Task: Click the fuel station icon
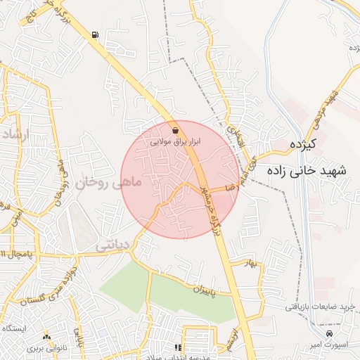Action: click(x=95, y=34)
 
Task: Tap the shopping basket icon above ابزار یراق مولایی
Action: click(x=175, y=130)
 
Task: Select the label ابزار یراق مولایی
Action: click(x=176, y=141)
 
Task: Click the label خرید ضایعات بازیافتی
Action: click(x=322, y=307)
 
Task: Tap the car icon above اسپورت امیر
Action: click(x=330, y=333)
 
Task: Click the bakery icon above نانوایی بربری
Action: click(x=47, y=337)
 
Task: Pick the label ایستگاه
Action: click(x=14, y=329)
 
